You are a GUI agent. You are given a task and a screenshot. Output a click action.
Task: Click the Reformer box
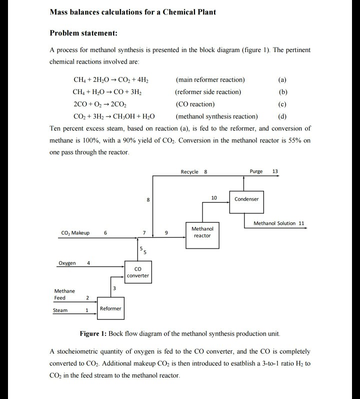point(110,308)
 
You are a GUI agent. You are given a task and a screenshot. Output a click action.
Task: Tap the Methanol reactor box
point(202,232)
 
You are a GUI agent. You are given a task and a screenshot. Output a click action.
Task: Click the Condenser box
point(246,199)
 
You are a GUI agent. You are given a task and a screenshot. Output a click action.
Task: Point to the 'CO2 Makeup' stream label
point(75,233)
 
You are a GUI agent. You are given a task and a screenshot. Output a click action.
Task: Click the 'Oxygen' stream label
point(67,263)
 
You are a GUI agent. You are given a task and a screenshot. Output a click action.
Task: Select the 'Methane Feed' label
point(64,294)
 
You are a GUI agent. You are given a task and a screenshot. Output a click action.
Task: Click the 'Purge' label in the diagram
point(255,171)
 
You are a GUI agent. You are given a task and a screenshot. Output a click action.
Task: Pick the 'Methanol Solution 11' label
point(278,223)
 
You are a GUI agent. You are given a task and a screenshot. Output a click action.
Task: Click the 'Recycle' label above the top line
point(190,171)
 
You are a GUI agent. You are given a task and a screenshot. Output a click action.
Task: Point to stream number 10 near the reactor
point(214,198)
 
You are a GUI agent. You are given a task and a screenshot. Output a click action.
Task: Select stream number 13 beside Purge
point(275,171)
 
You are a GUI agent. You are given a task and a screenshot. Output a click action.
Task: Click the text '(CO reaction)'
point(195,104)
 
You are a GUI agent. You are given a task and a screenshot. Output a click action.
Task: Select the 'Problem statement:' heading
point(83,33)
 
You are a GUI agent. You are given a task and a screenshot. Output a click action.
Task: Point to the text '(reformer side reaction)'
point(208,92)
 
